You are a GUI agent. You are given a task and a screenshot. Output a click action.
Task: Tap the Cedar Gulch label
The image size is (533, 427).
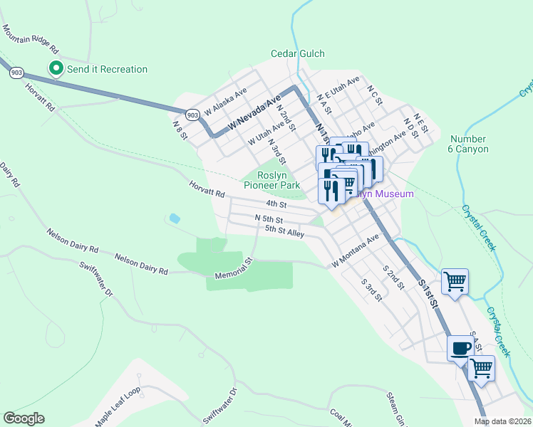297,53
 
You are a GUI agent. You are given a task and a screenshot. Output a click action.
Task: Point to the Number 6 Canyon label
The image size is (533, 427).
469,144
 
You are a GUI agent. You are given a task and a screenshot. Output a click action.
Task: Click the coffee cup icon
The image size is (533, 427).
460,349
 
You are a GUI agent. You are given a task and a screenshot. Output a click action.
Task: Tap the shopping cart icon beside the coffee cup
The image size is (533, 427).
482,369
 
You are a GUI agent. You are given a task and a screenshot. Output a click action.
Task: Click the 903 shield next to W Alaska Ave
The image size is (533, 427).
192,114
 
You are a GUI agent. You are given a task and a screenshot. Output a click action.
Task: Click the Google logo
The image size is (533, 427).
24,418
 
